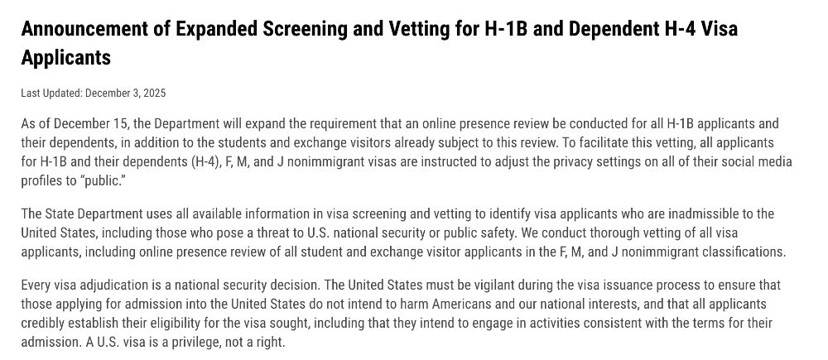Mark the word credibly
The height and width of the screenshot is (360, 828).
click(x=46, y=323)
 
